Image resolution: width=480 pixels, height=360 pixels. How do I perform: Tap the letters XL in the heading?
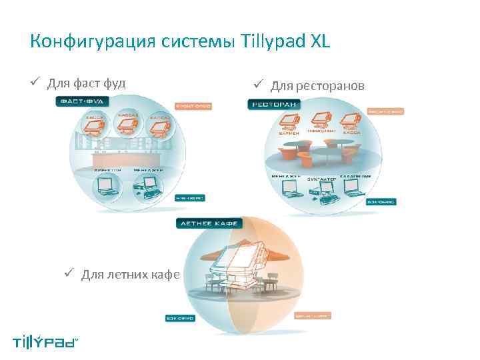(319, 42)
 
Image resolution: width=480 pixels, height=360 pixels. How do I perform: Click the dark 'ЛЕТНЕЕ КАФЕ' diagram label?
(208, 224)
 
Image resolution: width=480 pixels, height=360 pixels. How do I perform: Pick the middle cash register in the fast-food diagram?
(128, 123)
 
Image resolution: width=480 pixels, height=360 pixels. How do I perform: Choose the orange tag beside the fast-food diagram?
(193, 106)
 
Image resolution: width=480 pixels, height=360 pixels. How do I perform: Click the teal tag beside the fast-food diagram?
(190, 197)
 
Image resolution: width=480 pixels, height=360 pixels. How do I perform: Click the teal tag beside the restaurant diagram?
(381, 201)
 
